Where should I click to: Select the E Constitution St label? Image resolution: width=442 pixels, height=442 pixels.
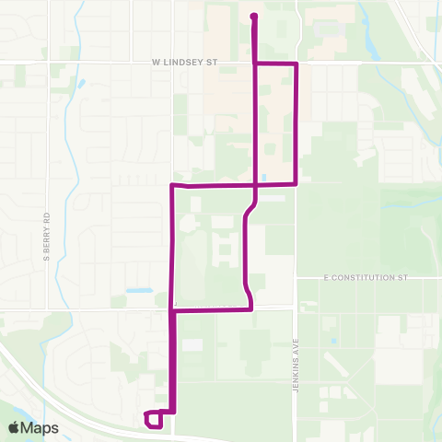(365, 276)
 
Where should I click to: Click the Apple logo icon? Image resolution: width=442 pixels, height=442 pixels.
(15, 427)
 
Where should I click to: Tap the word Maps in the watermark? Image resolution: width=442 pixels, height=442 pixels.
(41, 427)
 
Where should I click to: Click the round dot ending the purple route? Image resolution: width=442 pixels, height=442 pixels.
(253, 16)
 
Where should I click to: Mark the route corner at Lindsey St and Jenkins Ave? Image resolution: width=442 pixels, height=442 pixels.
(296, 64)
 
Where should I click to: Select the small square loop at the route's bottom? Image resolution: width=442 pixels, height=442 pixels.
(155, 420)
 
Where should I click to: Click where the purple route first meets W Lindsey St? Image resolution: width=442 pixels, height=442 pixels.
(254, 64)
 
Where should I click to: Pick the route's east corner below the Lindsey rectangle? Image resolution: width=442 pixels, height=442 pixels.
(296, 183)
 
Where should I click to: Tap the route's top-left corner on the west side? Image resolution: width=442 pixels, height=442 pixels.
(173, 185)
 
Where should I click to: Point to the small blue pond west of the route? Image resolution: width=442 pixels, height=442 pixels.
(140, 291)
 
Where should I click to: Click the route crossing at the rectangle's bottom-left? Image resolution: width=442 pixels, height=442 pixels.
(254, 184)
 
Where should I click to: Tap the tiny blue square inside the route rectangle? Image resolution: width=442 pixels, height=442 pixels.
(264, 177)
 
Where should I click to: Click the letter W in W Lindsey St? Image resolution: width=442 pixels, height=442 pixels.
(157, 63)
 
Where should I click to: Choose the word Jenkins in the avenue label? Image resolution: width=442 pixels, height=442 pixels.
(297, 346)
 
